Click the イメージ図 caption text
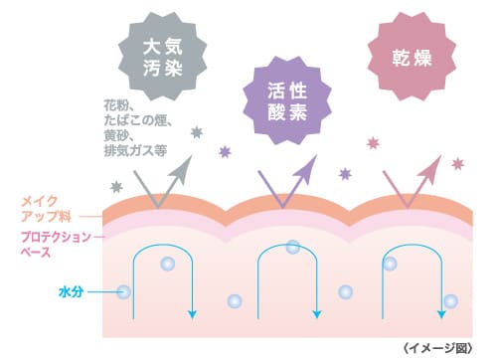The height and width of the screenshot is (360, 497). coord(446,347)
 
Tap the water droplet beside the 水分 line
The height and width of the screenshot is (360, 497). coord(123,292)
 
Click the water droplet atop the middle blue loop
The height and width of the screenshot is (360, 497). coord(292,247)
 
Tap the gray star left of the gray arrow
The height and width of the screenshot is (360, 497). coord(117,186)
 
